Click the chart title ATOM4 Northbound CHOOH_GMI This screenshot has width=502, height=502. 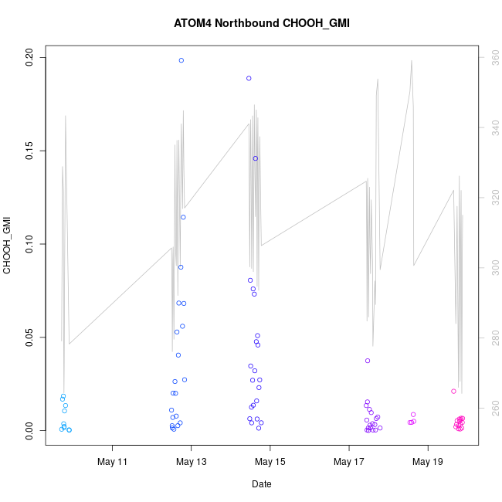(262, 23)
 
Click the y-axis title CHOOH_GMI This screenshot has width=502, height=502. (8, 246)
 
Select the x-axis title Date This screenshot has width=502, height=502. (261, 484)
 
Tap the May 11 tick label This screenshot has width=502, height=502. (113, 462)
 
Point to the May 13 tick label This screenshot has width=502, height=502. (192, 462)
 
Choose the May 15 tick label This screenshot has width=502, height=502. (270, 462)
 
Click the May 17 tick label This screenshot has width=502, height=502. (349, 462)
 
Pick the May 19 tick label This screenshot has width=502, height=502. (428, 462)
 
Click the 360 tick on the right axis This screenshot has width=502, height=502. (489, 56)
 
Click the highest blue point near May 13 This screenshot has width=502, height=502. (181, 60)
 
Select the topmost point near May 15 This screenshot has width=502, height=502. (249, 78)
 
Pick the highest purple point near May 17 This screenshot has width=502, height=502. (368, 361)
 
